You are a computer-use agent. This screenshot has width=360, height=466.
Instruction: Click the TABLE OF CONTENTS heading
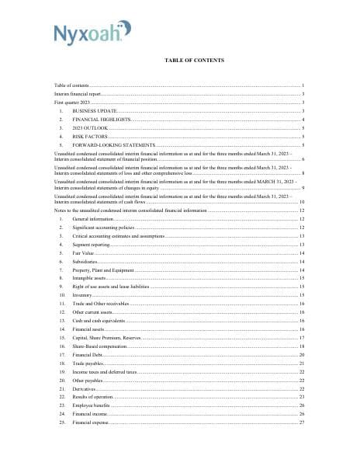point(194,60)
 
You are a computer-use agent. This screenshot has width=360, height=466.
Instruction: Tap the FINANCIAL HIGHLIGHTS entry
point(101,120)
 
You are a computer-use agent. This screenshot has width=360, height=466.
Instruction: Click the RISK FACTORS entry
point(91,137)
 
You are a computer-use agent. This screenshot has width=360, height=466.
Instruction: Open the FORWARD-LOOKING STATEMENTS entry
point(113,145)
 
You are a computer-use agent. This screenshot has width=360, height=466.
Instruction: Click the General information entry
point(93,220)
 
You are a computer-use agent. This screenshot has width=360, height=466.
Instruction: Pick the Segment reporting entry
point(92,245)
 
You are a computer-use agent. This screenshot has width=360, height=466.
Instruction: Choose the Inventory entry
point(83,295)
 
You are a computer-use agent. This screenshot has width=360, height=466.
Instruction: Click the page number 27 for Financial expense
point(302,423)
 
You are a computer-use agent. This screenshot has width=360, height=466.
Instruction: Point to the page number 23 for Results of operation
point(302,397)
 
